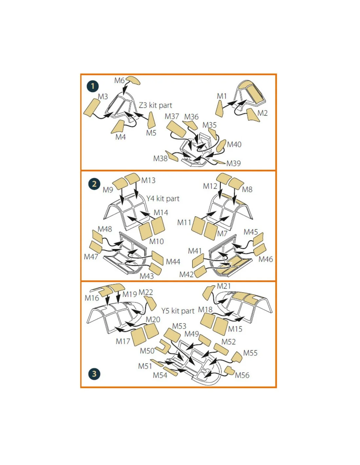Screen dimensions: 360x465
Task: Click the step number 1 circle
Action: [x=93, y=86]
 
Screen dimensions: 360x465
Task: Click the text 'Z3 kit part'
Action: [x=155, y=105]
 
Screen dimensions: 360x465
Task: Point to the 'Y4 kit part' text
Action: [x=163, y=198]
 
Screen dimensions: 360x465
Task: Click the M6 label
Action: [x=119, y=80]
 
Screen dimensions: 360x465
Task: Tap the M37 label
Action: [x=172, y=116]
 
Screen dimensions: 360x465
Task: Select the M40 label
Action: [x=234, y=145]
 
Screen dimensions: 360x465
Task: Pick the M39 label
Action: [x=233, y=163]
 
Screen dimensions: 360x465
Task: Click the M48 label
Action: [x=105, y=229]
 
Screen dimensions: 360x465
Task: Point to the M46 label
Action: [x=265, y=259]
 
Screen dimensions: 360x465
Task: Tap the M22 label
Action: [x=146, y=292]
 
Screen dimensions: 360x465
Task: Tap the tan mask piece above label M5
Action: [x=152, y=120]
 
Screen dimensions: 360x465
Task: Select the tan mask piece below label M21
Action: [x=208, y=293]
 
